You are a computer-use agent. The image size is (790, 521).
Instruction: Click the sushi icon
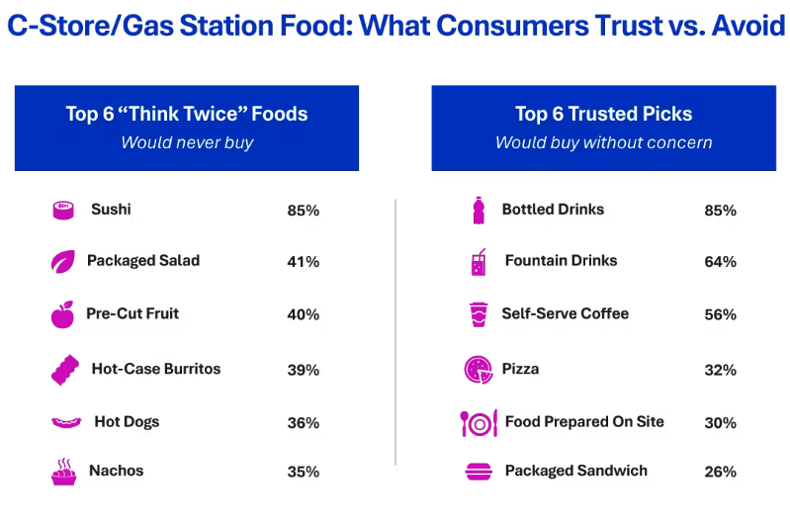click(x=64, y=211)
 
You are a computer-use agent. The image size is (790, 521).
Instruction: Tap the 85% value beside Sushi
click(x=304, y=211)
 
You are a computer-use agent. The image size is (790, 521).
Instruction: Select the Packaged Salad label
click(x=143, y=261)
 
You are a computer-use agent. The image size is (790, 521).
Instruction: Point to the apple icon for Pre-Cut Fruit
click(x=63, y=315)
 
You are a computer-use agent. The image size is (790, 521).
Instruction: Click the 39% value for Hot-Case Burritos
click(x=304, y=370)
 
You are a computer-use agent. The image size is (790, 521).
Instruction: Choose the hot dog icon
click(x=65, y=423)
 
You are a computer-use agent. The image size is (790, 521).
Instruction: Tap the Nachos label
click(x=117, y=471)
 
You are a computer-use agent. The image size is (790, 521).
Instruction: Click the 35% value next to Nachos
click(x=304, y=472)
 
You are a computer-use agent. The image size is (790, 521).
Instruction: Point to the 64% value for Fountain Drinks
click(x=721, y=262)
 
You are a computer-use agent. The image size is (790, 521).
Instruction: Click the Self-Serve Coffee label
click(x=566, y=313)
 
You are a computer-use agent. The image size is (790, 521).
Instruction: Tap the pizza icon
click(x=479, y=370)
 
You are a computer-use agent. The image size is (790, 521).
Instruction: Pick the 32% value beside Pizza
click(x=721, y=370)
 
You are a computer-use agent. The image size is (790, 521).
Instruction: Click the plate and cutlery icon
click(x=479, y=423)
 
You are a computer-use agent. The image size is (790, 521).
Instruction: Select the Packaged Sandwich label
click(x=576, y=471)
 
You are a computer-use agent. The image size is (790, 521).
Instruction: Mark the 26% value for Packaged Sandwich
click(x=721, y=472)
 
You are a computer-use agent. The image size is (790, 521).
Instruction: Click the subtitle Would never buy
click(x=187, y=142)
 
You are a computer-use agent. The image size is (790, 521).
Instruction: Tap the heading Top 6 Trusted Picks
click(x=603, y=114)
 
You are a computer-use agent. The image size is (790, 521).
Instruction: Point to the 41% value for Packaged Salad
click(x=304, y=262)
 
